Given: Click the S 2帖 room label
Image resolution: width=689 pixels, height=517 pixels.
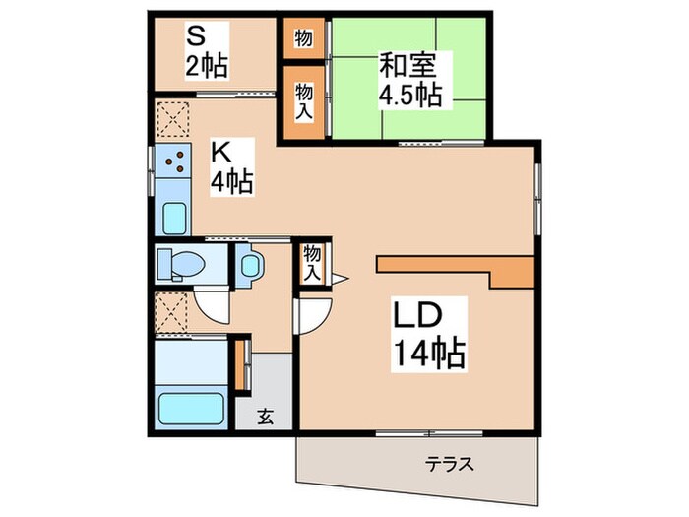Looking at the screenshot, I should click(208, 52).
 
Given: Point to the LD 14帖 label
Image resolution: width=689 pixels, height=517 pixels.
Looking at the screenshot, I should click(429, 335).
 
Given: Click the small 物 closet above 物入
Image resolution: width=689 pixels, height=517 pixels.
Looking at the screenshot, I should click(303, 38).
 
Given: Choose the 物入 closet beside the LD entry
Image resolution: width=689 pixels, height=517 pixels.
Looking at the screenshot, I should click(312, 261).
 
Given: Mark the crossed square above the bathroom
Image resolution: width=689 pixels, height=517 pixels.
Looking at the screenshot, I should click(173, 314).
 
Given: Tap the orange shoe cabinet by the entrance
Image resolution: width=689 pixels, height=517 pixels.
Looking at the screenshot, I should click(240, 365).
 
